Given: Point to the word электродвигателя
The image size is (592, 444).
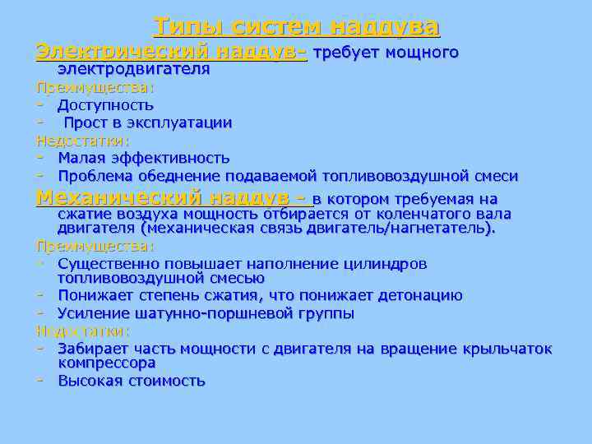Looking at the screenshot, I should [133, 70].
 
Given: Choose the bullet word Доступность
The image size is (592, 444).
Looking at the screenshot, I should [105, 105].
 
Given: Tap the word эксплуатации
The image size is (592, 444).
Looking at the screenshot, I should [178, 123].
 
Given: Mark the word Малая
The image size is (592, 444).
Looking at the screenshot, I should [81, 158].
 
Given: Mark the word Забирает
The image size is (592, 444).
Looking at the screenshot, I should [90, 349].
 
